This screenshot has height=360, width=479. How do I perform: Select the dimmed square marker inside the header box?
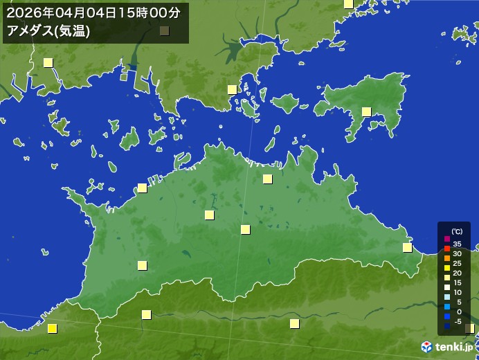pos(164,30)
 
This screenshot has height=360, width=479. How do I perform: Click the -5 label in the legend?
pos(458,321)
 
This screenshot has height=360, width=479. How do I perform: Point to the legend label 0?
pos(458,312)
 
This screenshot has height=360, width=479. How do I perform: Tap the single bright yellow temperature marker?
pos(52,329)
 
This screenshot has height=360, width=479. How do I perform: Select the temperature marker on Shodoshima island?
pos(366,111)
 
